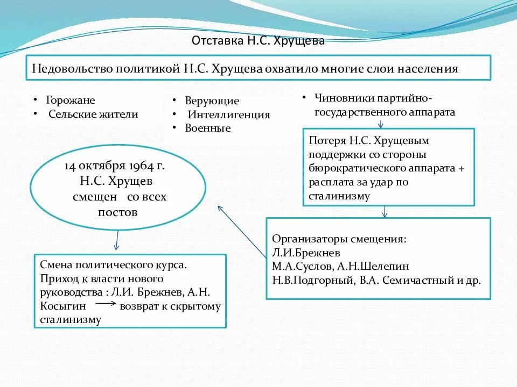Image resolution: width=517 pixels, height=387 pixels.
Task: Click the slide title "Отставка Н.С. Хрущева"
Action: click(x=258, y=41)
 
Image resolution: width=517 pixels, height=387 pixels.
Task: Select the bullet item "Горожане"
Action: click(x=71, y=101)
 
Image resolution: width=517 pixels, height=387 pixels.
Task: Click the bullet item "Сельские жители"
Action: click(x=93, y=114)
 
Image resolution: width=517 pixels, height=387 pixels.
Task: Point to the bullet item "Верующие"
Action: click(x=212, y=101)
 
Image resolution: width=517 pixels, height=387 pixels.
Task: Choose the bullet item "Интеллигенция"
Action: click(x=229, y=114)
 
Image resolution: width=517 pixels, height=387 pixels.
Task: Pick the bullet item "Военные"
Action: click(x=208, y=128)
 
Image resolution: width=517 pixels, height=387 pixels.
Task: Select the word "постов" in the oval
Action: click(x=118, y=212)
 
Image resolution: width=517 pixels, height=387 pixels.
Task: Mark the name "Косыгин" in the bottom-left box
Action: click(x=60, y=306)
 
